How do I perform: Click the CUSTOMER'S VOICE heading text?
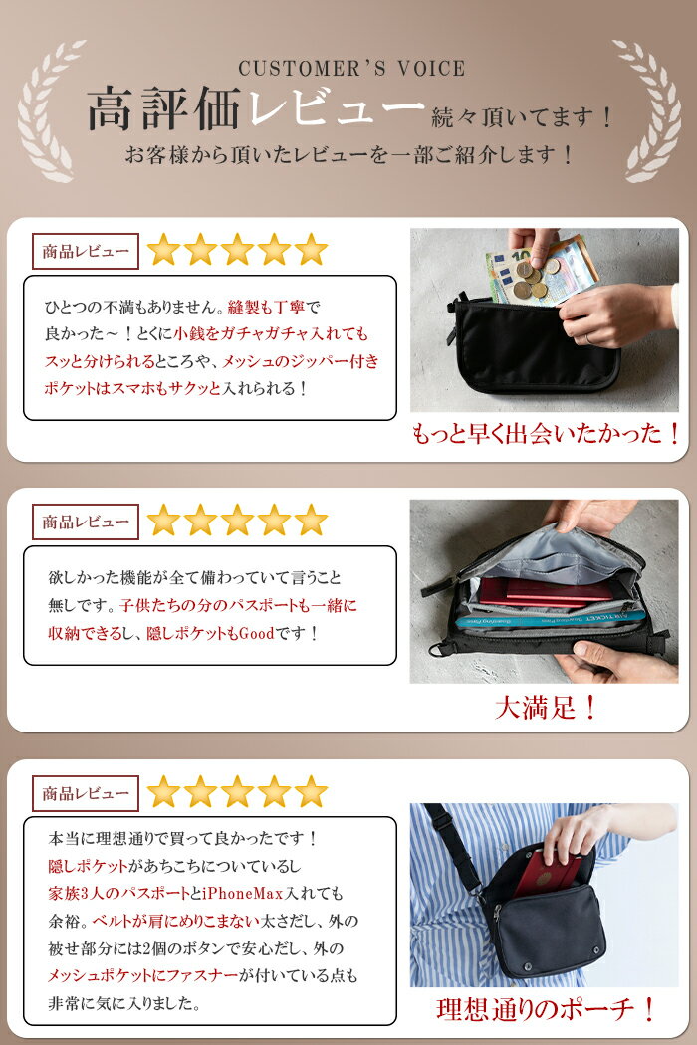point(351,68)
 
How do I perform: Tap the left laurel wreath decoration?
point(48,109)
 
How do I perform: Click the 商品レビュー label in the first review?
point(86,251)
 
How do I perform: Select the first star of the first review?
point(163,250)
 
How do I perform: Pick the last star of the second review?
point(311,521)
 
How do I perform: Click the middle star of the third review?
point(237,792)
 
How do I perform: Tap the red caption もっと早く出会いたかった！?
point(547,434)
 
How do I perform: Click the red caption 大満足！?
point(546,708)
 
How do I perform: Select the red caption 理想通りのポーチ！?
point(547,1009)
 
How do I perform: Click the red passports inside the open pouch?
point(544,592)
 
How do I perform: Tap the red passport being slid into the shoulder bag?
point(551,873)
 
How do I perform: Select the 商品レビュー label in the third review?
point(86,794)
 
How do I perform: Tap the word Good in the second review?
point(256,632)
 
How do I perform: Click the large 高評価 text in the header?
point(163,108)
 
